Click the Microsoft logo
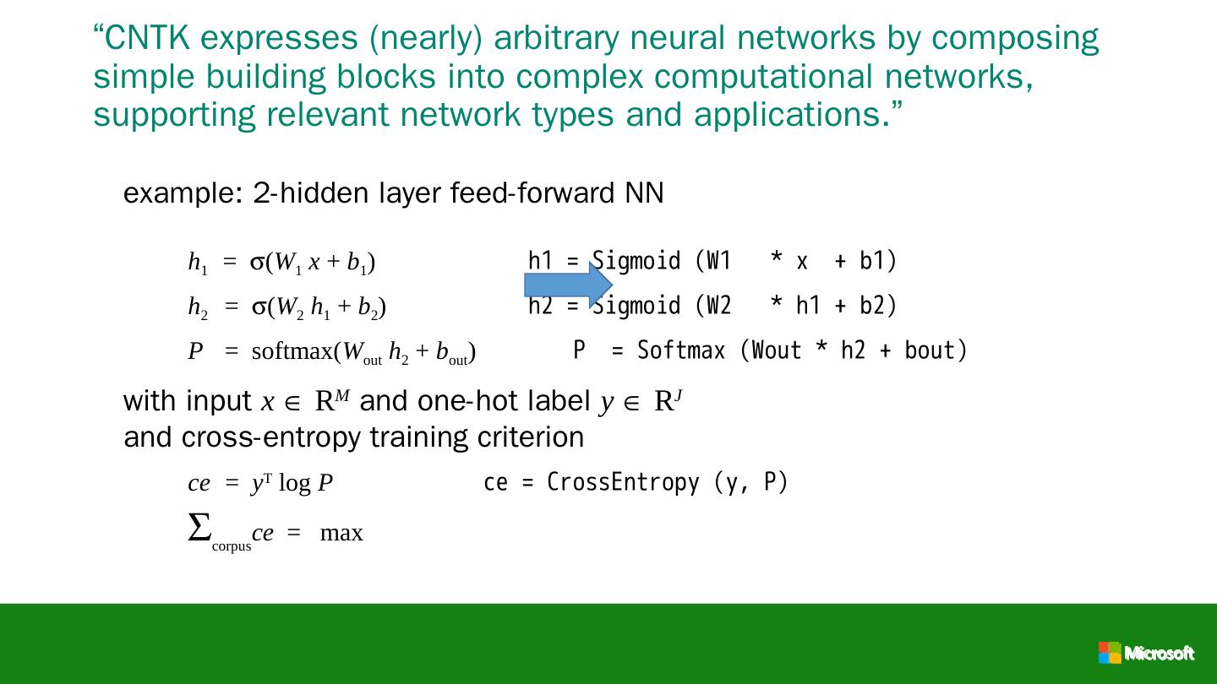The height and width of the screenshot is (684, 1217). pos(1146,653)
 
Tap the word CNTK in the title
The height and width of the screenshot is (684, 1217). pos(149,38)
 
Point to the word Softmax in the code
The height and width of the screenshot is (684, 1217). pos(681,350)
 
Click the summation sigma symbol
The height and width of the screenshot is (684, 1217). pos(199,529)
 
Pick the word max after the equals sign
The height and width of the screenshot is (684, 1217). pos(341,534)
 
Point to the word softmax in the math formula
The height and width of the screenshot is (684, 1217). pos(292,351)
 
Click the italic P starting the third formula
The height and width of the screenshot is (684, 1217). pos(196,351)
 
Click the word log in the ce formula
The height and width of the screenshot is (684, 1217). pos(294,484)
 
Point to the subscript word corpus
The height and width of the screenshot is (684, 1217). pos(232,546)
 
